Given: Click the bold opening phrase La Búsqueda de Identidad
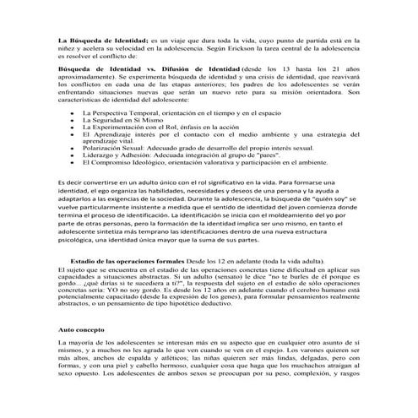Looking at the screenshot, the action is tap(100, 39).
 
